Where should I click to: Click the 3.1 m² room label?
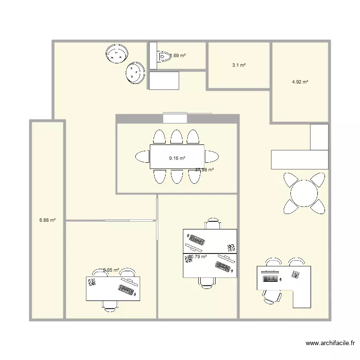point(239,65)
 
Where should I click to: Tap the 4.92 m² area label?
point(300,82)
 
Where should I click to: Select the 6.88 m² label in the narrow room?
point(48,220)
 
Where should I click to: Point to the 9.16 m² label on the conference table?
point(177,157)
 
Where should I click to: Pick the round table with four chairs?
point(304,193)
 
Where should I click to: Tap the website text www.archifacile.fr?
point(330,343)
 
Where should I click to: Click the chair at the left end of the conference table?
point(143,156)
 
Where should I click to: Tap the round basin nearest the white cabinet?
point(135,73)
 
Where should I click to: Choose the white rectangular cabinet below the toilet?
point(164,81)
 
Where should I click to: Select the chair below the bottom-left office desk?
point(110,306)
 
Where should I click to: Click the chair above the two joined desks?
point(213,224)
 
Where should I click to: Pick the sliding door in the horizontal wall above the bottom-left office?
point(130,221)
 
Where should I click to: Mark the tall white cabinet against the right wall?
point(319,137)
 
